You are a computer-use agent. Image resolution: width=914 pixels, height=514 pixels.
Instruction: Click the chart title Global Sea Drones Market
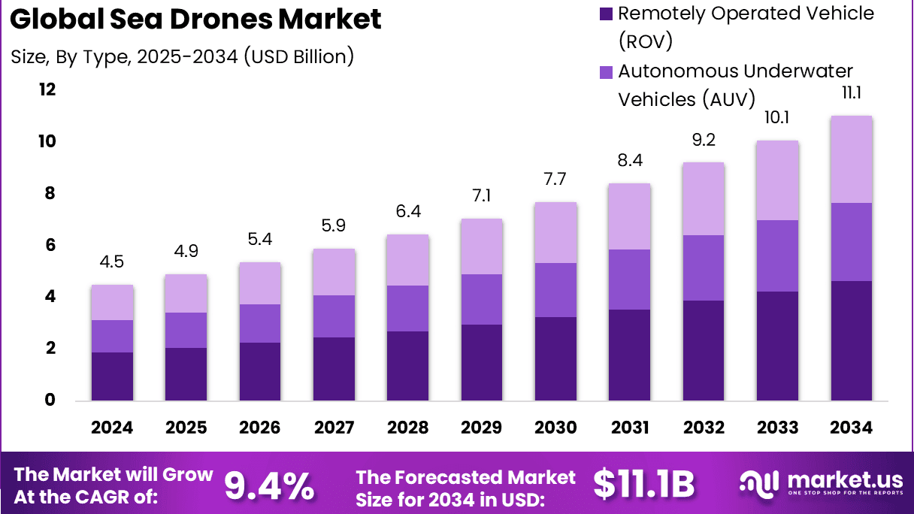pos(196,20)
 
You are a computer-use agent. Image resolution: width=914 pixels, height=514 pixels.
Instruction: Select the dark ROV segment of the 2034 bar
pos(852,340)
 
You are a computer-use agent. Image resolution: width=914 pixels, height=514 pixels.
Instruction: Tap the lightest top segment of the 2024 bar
pos(112,303)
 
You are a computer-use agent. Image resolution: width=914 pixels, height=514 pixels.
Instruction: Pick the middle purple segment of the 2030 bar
pos(555,290)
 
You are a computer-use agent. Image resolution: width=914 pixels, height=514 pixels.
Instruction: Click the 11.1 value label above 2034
pos(852,93)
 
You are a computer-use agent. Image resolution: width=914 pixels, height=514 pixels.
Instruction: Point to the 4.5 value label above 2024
pos(112,262)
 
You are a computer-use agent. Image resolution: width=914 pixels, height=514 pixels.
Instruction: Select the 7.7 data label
pos(555,180)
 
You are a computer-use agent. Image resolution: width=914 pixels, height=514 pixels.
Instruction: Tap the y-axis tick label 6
pos(50,246)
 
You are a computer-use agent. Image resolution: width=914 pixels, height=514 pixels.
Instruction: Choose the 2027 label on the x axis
pos(334,428)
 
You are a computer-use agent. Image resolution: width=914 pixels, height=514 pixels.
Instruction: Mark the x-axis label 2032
pos(704,428)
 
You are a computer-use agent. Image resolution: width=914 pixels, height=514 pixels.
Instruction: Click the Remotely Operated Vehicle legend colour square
pos(605,14)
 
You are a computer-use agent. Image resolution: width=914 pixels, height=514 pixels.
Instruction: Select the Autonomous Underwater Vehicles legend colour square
pos(605,72)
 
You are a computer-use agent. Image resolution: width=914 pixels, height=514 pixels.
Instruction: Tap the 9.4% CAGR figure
pos(269,485)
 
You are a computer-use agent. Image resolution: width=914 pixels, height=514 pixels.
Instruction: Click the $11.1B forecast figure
pos(643,485)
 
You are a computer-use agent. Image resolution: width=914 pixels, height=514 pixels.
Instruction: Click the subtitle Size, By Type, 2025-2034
pos(183,56)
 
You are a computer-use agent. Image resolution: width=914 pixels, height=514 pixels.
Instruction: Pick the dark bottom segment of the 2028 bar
pos(407,366)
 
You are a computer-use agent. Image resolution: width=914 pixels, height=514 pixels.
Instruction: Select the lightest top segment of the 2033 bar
pos(778,180)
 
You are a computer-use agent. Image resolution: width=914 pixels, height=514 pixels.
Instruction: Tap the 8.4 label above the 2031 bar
pos(630,160)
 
